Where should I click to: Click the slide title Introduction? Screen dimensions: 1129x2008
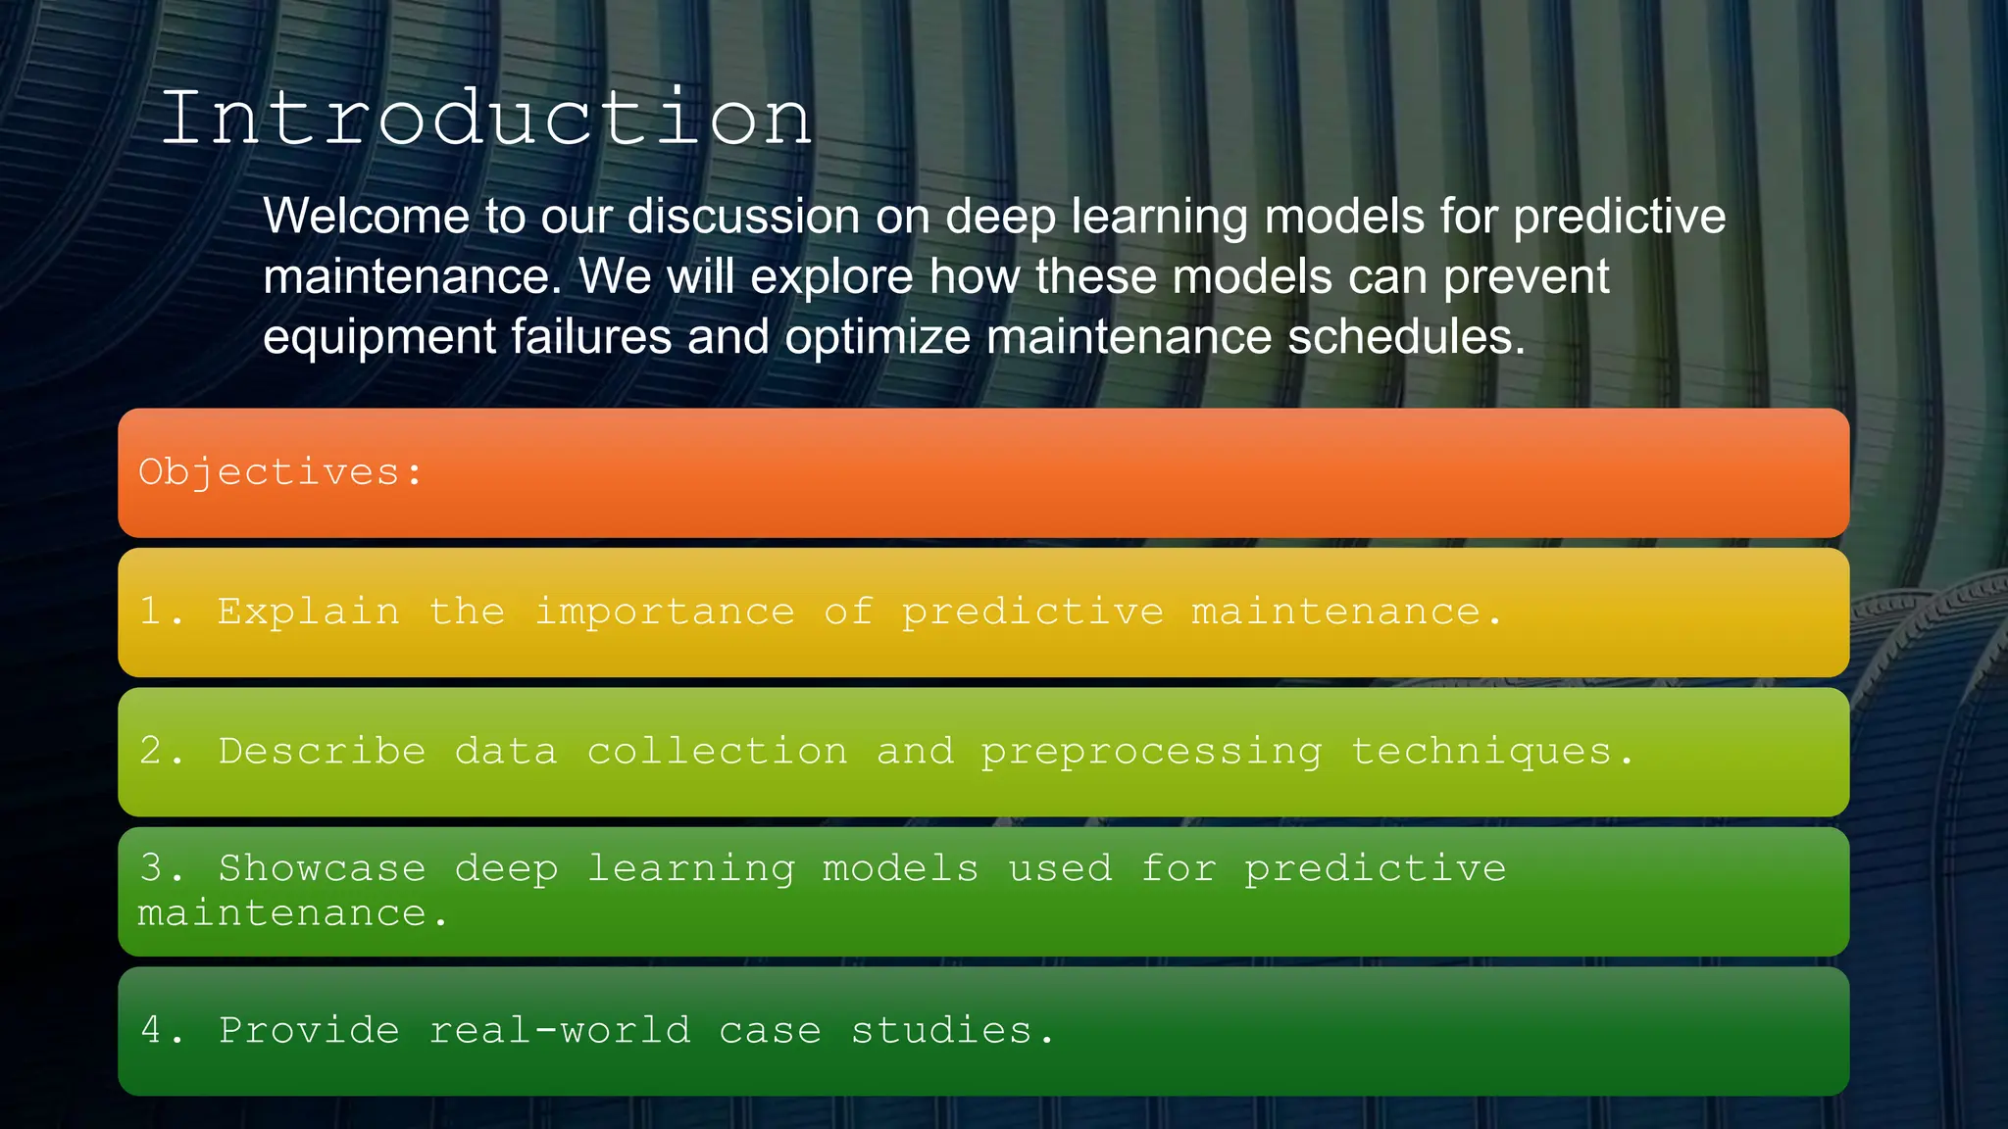486,119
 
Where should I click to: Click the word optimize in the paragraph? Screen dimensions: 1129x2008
878,337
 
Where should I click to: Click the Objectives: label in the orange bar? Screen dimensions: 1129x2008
280,472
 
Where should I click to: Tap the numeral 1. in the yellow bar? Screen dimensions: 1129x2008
160,613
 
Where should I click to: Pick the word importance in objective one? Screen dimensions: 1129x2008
665,613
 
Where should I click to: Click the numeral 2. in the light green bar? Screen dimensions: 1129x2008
160,752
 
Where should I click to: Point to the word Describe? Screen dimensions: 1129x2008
322,752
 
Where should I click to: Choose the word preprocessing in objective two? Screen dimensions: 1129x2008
1151,752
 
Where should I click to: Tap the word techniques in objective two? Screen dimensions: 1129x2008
1490,752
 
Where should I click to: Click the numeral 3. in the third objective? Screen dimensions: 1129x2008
160,868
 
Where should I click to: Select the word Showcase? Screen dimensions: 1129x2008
322,868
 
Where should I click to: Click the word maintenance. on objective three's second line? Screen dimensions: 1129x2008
291,913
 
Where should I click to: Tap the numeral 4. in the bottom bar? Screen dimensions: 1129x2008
160,1031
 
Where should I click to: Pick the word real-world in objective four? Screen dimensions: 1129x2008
560,1031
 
